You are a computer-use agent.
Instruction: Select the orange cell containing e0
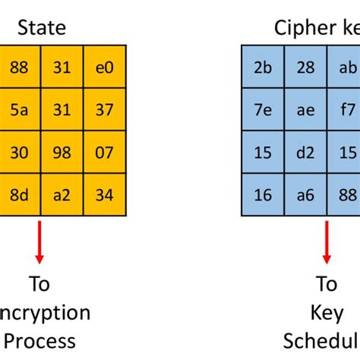click(105, 67)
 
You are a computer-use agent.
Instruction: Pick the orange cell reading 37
click(105, 110)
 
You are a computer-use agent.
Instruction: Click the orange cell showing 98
click(62, 153)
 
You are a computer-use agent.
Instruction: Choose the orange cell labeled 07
click(105, 153)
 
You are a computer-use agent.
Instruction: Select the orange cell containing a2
click(62, 195)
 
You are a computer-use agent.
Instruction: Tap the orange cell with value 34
click(105, 195)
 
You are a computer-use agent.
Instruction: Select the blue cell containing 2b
click(263, 67)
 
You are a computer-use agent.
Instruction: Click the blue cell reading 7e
click(263, 110)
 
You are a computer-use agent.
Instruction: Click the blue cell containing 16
click(263, 195)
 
